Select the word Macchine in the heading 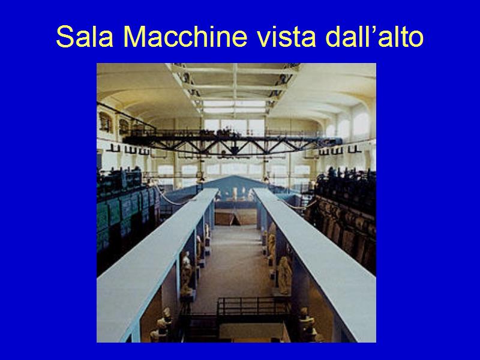tap(185, 37)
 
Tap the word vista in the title tap(286, 37)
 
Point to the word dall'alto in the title tap(374, 37)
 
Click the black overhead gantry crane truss tap(233, 144)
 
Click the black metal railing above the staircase tap(253, 306)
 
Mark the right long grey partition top tap(316, 260)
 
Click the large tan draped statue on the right tap(284, 275)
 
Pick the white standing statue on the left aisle tap(186, 272)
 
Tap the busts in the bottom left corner tap(161, 325)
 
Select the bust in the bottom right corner tap(308, 325)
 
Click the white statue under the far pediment tap(235, 193)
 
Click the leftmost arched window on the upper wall tap(105, 122)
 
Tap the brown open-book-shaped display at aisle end tap(235, 217)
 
